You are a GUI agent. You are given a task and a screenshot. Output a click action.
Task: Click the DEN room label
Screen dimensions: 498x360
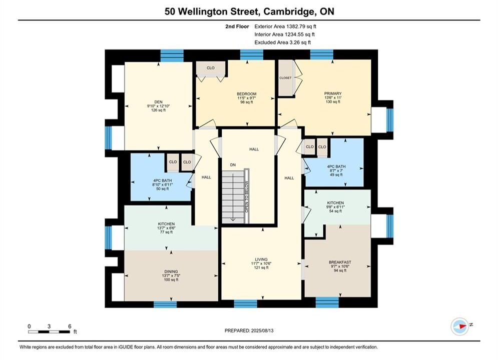pyautogui.click(x=159, y=102)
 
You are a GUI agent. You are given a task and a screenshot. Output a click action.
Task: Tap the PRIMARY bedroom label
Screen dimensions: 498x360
pyautogui.click(x=333, y=93)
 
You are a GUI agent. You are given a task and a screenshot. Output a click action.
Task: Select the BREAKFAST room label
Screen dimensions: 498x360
pyautogui.click(x=340, y=262)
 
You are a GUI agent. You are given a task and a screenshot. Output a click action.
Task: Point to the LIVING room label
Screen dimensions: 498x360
pyautogui.click(x=261, y=259)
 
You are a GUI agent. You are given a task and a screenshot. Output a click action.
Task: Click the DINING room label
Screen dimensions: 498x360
pyautogui.click(x=171, y=271)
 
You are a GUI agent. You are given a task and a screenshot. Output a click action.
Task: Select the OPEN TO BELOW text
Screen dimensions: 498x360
pyautogui.click(x=247, y=196)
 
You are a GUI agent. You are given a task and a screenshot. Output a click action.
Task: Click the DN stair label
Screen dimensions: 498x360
pyautogui.click(x=233, y=165)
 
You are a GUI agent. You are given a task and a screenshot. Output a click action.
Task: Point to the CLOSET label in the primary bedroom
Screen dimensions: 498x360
pyautogui.click(x=285, y=77)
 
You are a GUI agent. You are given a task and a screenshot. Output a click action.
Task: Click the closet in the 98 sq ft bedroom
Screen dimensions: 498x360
pyautogui.click(x=211, y=68)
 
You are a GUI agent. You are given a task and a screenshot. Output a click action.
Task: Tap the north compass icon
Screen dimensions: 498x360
pyautogui.click(x=460, y=325)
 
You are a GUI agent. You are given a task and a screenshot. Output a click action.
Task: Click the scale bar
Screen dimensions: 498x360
pyautogui.click(x=49, y=332)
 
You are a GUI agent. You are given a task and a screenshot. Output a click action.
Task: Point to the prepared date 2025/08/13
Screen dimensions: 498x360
pyautogui.click(x=262, y=330)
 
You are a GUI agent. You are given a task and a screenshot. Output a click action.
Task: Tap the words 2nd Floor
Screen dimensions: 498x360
pyautogui.click(x=237, y=26)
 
